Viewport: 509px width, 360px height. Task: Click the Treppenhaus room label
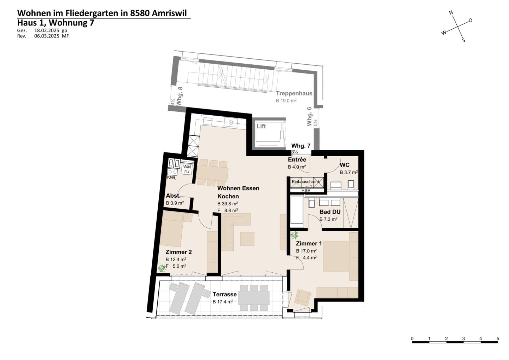click(294, 93)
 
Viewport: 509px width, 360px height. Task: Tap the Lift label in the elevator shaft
click(261, 126)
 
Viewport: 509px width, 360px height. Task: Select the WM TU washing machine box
click(187, 169)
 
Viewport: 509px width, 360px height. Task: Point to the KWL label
click(171, 178)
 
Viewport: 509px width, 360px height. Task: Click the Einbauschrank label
click(306, 181)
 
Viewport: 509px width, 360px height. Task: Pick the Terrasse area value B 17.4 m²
click(223, 302)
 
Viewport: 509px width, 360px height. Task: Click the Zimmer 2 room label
click(179, 252)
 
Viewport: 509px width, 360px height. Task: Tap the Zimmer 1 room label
click(309, 244)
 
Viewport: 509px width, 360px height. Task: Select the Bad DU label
click(330, 212)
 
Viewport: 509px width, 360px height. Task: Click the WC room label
click(345, 165)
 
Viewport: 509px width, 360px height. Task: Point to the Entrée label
click(297, 159)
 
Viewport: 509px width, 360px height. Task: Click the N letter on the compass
click(451, 12)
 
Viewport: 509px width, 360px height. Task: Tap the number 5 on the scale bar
click(498, 339)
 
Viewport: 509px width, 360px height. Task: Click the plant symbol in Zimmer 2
click(162, 268)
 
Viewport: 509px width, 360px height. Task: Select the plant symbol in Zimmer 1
click(294, 235)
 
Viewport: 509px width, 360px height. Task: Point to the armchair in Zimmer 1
click(303, 297)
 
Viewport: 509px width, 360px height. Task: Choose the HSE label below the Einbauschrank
click(306, 191)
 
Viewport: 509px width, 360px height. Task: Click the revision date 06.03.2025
click(47, 36)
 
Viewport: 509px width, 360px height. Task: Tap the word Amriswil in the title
click(169, 13)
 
